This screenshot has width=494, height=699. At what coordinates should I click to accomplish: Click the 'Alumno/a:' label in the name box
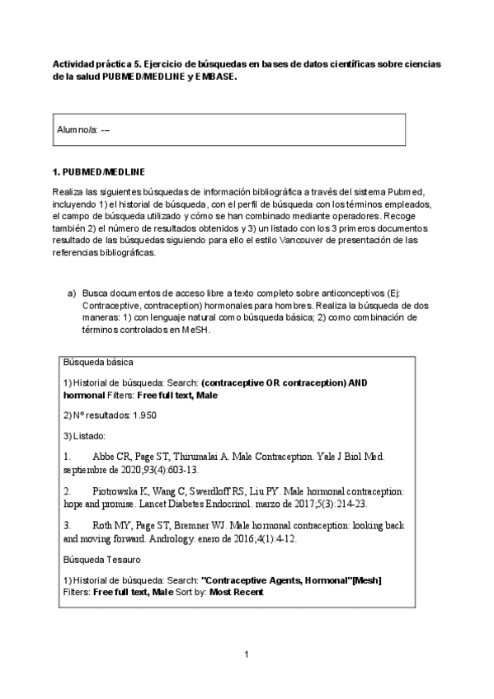76,130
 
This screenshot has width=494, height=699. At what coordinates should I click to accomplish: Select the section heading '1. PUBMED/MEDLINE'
98,171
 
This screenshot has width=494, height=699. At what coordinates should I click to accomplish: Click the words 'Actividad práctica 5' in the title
92,63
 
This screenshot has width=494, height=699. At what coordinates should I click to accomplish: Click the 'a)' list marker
71,293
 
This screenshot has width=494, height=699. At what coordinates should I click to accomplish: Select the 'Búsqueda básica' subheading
92,362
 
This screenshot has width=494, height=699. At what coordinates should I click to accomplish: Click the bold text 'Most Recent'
237,592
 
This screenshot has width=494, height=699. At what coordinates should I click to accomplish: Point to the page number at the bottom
247,655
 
